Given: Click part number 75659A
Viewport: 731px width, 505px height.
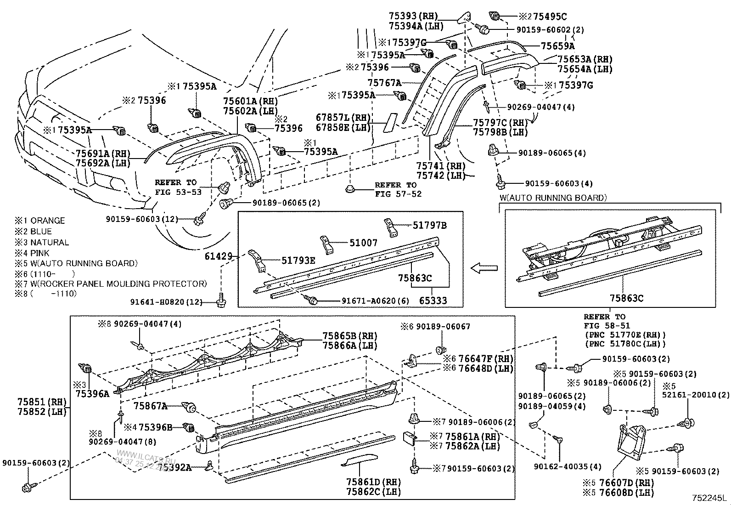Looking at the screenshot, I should pos(557,46).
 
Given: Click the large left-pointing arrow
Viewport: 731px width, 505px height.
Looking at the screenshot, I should pos(484,268).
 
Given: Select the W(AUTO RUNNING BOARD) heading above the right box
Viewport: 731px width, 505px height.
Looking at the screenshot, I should pos(553,198).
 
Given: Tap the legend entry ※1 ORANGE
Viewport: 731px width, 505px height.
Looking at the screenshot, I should pos(40,221).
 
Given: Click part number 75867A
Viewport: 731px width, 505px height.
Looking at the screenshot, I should pos(150,406).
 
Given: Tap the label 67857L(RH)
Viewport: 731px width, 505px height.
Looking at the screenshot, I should pos(343,118).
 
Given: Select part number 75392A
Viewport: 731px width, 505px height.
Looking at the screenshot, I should pos(174,467).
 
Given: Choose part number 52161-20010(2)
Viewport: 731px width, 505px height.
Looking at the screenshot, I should pos(696,395).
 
